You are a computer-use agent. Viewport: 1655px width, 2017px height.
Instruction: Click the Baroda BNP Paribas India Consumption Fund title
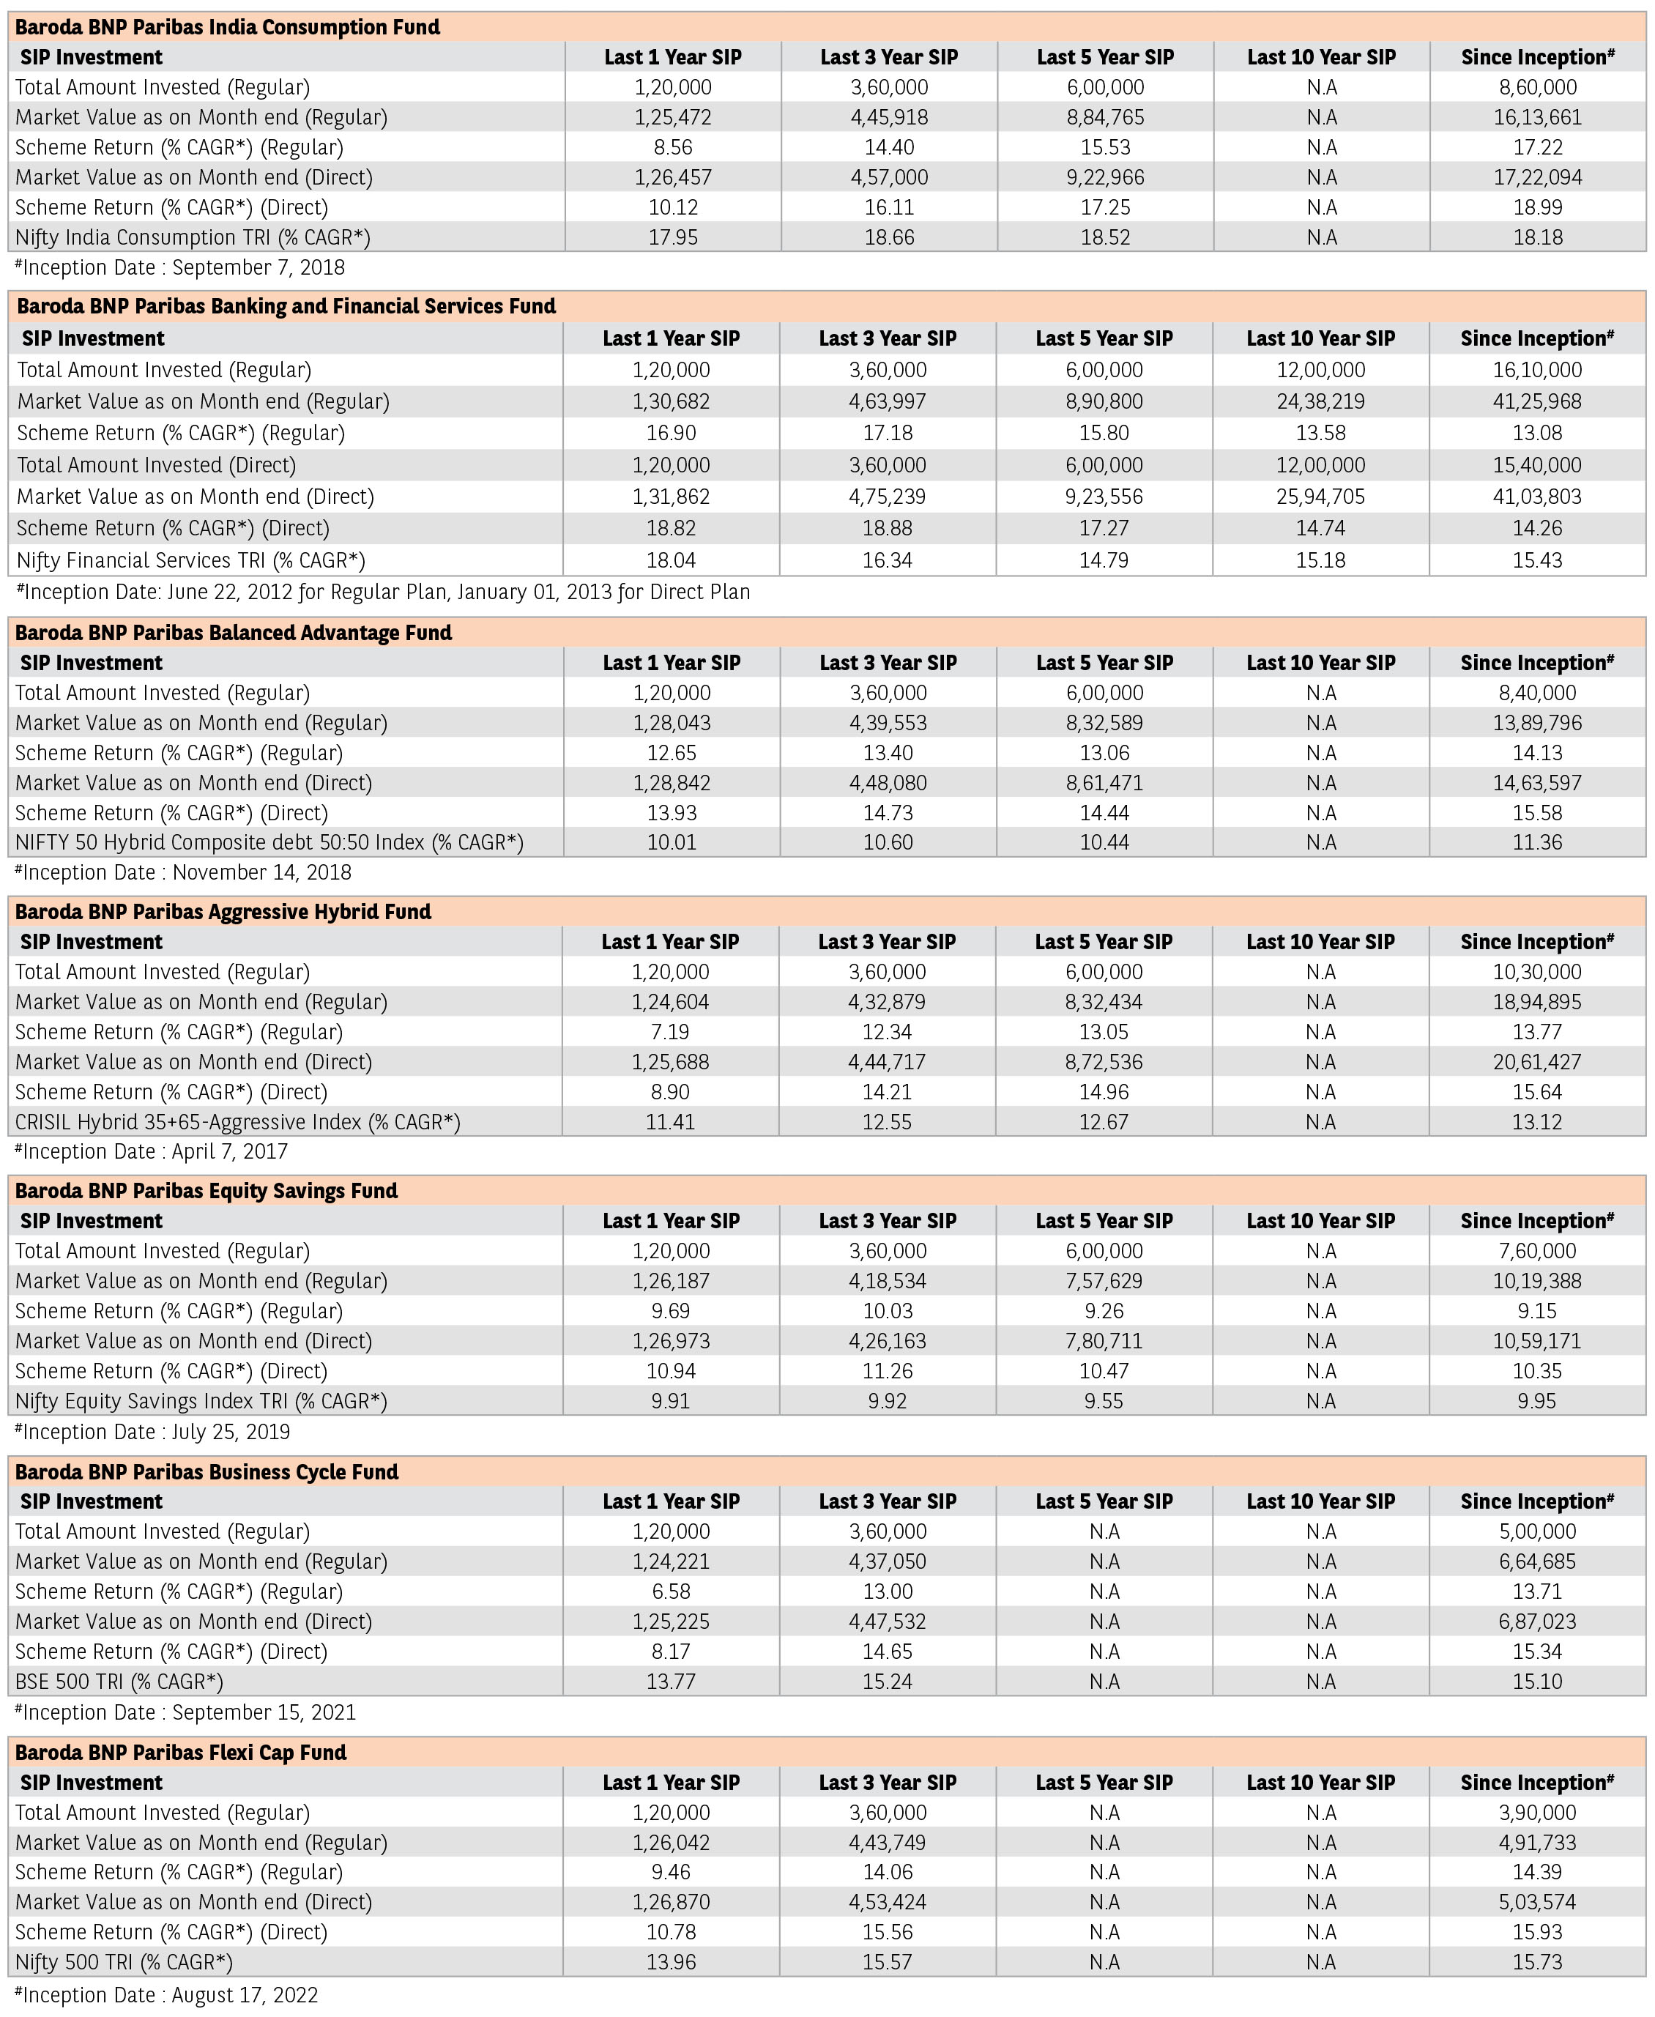click(228, 26)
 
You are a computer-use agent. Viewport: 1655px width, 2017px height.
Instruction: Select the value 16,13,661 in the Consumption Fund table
click(1537, 117)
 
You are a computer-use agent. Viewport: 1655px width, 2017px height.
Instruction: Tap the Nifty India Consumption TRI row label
click(193, 237)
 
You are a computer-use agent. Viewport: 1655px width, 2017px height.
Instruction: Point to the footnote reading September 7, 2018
click(180, 268)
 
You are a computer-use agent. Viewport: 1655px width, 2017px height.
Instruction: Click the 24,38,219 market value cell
click(1320, 401)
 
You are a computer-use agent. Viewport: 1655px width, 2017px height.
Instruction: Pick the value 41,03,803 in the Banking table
click(1537, 497)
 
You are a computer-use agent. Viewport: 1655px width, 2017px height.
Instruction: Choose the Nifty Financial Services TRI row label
click(190, 560)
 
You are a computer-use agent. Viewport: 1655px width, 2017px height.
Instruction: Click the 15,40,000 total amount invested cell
click(1537, 465)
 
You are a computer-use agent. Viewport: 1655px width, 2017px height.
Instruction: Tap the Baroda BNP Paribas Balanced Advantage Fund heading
click(234, 633)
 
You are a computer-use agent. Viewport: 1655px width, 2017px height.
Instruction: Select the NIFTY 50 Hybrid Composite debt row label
click(269, 843)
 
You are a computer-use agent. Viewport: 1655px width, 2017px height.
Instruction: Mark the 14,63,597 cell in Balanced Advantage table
click(1537, 783)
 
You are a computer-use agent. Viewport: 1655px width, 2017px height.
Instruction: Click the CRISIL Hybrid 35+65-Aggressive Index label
click(237, 1122)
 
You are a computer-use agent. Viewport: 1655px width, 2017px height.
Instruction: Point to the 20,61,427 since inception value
click(1537, 1062)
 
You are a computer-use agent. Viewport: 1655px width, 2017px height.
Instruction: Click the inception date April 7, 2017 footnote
click(152, 1151)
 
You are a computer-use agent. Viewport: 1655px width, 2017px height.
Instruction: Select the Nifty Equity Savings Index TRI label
click(201, 1401)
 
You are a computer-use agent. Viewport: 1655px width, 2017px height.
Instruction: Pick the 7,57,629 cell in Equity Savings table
click(1104, 1281)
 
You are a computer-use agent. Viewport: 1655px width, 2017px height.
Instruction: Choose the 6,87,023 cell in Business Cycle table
click(1537, 1622)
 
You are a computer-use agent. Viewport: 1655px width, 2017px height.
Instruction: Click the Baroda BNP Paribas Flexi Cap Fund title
click(181, 1752)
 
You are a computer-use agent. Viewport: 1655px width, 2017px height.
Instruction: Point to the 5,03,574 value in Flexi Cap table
click(1537, 1902)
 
